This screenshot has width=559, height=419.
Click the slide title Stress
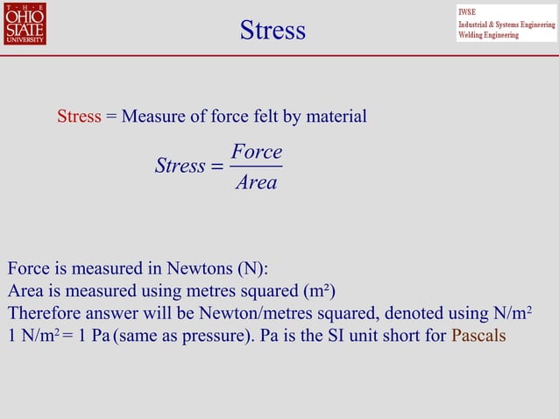(x=272, y=31)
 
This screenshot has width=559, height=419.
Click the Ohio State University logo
(x=25, y=24)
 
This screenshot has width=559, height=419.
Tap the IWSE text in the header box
(x=467, y=11)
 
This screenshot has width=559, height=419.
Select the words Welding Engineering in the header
(x=488, y=35)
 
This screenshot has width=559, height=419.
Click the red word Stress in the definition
(x=79, y=116)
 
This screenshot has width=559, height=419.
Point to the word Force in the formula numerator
(x=256, y=153)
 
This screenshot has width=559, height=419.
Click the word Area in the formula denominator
(x=256, y=182)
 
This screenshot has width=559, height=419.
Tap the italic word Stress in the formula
(x=180, y=166)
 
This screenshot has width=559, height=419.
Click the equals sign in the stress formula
(x=217, y=167)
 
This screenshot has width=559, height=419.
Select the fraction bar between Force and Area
(x=256, y=167)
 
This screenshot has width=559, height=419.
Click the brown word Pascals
(x=478, y=336)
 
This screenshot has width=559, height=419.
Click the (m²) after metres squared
(x=319, y=291)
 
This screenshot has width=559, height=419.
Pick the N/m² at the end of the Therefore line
(x=513, y=313)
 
